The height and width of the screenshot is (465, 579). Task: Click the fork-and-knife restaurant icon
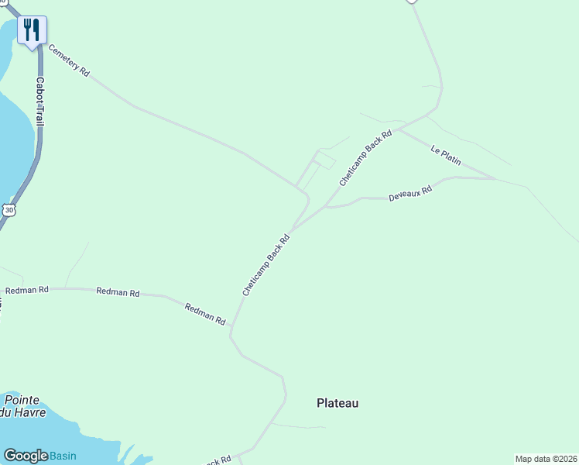click(32, 30)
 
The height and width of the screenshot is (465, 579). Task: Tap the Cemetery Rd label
click(69, 60)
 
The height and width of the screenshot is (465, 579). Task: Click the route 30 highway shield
click(7, 209)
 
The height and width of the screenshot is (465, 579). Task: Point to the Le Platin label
click(446, 155)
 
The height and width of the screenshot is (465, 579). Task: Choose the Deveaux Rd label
click(409, 194)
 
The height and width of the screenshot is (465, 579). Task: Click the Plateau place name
click(337, 403)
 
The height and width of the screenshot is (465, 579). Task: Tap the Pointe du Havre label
click(25, 406)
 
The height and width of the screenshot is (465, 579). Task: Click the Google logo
click(26, 456)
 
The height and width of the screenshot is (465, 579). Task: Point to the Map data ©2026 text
click(546, 459)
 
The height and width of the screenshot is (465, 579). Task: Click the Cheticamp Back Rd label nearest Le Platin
click(366, 158)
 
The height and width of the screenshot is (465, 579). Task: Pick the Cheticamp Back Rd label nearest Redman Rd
click(266, 265)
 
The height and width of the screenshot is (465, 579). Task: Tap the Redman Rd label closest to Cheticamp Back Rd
click(205, 314)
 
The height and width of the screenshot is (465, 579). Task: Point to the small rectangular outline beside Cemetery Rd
click(326, 160)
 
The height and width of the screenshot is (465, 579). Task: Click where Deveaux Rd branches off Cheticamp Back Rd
click(326, 207)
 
